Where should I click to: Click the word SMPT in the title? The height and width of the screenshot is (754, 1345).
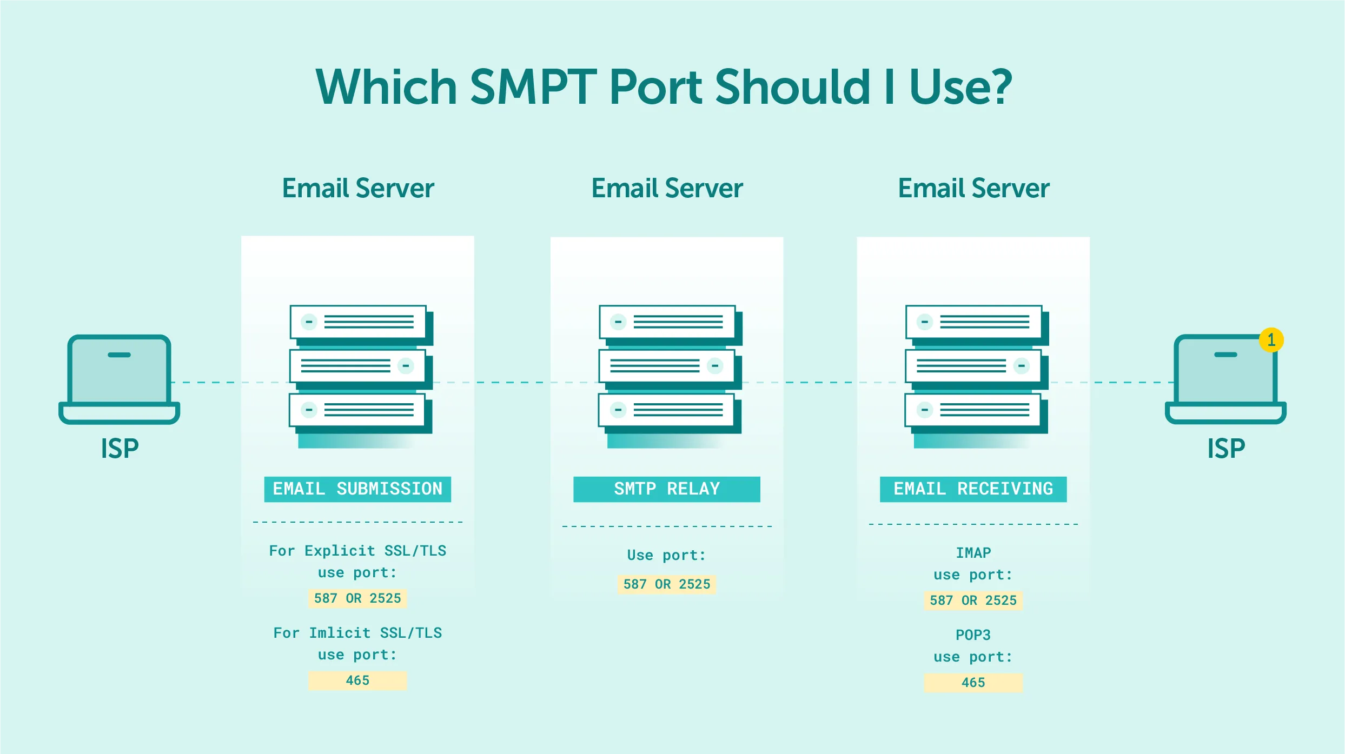(533, 88)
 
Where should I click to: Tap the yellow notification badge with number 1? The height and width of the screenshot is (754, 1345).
(1271, 340)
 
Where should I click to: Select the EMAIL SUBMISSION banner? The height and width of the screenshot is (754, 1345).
(357, 489)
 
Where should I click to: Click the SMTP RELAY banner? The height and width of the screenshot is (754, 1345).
(667, 489)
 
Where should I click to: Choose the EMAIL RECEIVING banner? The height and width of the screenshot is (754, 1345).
(973, 489)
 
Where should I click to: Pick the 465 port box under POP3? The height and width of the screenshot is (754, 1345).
(973, 683)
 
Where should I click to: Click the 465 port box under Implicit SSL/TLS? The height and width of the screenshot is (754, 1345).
(357, 680)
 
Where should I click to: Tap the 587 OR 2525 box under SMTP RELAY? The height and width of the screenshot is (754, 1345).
(667, 584)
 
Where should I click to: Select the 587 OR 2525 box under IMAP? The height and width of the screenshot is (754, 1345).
(973, 600)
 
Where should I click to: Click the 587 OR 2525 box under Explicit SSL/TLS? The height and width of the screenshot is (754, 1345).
(357, 598)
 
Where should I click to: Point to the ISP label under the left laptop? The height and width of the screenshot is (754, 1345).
(120, 449)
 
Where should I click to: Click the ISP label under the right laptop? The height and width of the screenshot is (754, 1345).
(1226, 449)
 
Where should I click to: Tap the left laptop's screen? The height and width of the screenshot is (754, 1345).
(120, 370)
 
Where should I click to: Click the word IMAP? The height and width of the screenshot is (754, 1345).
(973, 553)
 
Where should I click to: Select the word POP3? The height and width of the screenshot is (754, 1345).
(973, 635)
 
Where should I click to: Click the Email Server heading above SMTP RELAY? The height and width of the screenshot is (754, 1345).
(667, 189)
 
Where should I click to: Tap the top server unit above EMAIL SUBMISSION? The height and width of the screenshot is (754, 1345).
(358, 322)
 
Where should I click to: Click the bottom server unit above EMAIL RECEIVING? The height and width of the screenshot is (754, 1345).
(972, 410)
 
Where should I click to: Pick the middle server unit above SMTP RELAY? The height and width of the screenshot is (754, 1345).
(667, 366)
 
